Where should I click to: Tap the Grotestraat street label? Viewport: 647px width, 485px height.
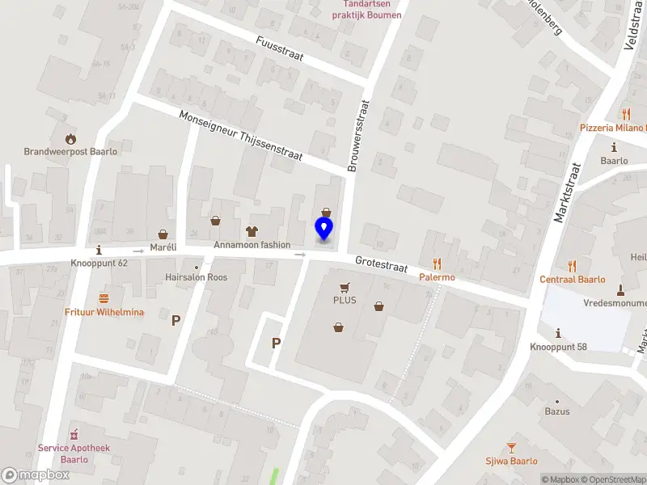[x=381, y=265]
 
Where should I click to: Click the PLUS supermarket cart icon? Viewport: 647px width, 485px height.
[x=345, y=287]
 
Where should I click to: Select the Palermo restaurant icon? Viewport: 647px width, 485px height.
[x=437, y=264]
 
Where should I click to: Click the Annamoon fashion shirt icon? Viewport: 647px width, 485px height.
[x=252, y=231]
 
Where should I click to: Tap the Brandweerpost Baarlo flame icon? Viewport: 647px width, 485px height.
[x=71, y=137]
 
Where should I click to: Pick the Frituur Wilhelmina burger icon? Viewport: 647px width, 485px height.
[x=104, y=298]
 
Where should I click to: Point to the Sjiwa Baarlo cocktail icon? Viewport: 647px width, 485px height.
[x=511, y=447]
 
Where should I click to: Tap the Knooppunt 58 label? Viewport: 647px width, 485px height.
[x=557, y=348]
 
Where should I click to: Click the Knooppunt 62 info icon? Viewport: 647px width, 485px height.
[x=99, y=250]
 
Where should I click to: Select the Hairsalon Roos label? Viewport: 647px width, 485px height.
[x=197, y=277]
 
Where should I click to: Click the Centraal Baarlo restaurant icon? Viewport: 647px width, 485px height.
[x=572, y=265]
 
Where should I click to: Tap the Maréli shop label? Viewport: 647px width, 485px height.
[x=163, y=247]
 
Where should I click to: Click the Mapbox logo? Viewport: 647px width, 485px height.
[x=35, y=474]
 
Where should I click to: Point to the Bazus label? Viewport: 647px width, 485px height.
[x=557, y=411]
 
